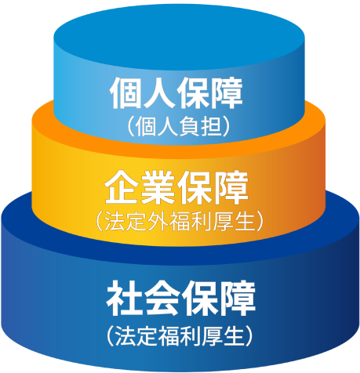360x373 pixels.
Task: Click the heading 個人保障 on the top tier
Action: point(176,93)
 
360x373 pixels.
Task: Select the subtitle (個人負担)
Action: point(179,127)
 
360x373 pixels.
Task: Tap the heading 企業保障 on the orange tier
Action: point(176,187)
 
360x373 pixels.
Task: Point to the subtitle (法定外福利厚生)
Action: point(180,221)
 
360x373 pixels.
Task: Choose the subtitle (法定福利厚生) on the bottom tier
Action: point(180,335)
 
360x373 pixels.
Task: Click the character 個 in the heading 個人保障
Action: point(125,93)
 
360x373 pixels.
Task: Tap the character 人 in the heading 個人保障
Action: point(159,93)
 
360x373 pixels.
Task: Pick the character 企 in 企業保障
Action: point(122,187)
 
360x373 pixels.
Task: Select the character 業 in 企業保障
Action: point(158,187)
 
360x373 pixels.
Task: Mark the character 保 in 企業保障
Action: point(195,187)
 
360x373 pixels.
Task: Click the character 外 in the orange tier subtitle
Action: point(158,221)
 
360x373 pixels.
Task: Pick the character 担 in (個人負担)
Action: point(211,127)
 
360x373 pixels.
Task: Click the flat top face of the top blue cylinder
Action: point(180,37)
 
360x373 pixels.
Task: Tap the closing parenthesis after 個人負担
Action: point(227,127)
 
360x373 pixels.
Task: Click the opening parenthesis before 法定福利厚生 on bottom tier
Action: point(111,335)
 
